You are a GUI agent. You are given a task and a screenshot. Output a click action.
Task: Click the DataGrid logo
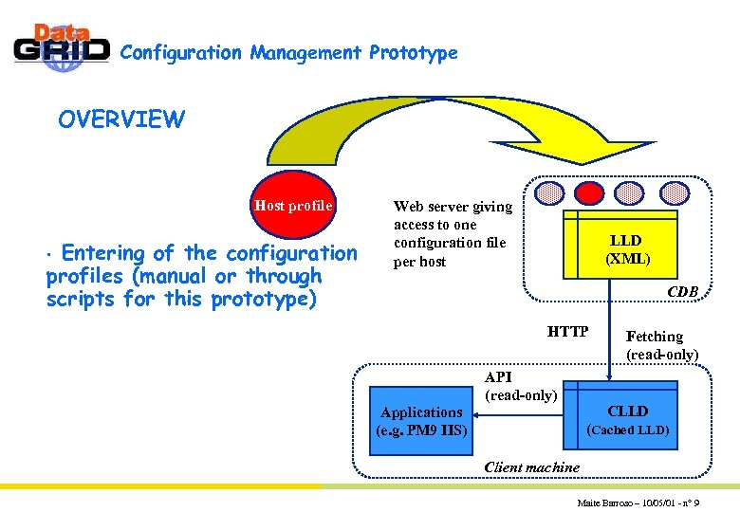pos(62,47)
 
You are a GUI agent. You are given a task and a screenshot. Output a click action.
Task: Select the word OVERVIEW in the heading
pos(121,119)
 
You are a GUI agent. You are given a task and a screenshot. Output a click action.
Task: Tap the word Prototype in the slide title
pos(413,53)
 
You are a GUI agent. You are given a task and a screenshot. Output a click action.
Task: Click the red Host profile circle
pos(293,205)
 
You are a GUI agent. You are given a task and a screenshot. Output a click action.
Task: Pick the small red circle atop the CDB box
pos(591,192)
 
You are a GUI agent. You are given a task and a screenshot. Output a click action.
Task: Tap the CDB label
pos(682,292)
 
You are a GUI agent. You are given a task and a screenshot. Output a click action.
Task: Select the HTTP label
pos(568,332)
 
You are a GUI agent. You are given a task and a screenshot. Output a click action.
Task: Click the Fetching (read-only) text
pos(661,345)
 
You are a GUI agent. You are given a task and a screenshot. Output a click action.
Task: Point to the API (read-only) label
pos(520,386)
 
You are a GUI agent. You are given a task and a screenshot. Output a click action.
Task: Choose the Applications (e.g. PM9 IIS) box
pos(421,421)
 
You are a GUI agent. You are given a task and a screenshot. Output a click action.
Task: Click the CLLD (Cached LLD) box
pos(627,419)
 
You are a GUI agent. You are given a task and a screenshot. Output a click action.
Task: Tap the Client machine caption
pos(531,466)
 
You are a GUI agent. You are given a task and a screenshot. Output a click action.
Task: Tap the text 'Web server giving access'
pos(453,215)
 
